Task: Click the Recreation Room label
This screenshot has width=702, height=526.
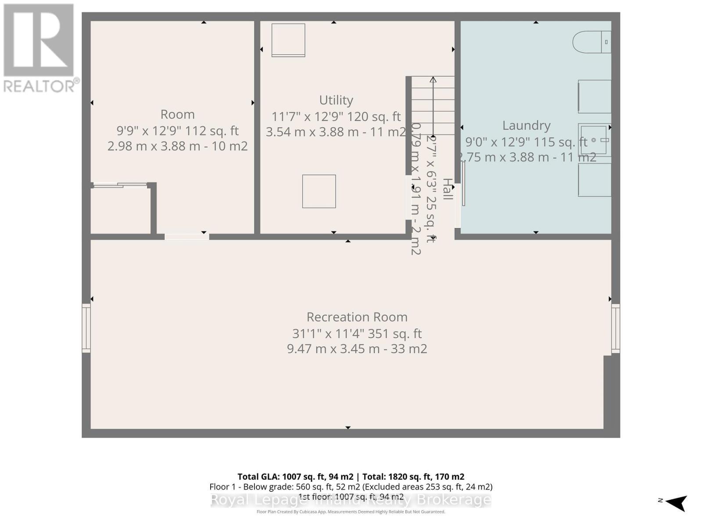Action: [357, 317]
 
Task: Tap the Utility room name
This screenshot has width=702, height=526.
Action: [336, 100]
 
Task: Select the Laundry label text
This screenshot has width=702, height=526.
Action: [526, 125]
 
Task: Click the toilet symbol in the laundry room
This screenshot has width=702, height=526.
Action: [591, 42]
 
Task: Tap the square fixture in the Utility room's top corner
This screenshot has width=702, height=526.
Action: [288, 40]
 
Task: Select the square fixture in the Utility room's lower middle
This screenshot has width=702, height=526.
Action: [319, 192]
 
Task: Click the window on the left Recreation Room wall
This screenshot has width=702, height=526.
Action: [86, 328]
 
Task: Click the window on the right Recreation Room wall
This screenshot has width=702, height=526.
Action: [616, 329]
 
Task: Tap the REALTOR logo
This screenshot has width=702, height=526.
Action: [39, 48]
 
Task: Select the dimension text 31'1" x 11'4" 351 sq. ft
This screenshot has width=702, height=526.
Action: [357, 334]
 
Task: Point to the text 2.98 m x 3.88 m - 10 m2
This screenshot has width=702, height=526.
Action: [177, 146]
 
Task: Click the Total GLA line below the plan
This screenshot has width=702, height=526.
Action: [351, 476]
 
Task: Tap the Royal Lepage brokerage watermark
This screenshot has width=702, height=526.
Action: [351, 500]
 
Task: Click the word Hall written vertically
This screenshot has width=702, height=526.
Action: [447, 189]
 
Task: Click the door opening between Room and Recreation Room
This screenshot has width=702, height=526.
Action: [186, 237]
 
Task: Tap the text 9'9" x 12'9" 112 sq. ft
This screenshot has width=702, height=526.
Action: [177, 131]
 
